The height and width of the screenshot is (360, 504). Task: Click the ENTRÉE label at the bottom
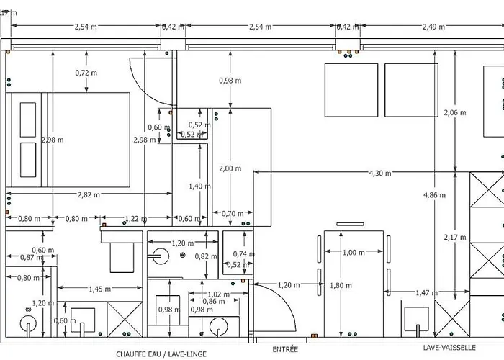click(x=285, y=349)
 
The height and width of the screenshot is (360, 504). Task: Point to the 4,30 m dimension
click(x=381, y=173)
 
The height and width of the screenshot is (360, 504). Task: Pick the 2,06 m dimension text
click(x=454, y=112)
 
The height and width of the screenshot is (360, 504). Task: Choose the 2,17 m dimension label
click(x=455, y=238)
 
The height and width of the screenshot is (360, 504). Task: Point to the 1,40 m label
click(x=195, y=186)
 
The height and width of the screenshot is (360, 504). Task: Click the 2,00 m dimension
click(x=230, y=168)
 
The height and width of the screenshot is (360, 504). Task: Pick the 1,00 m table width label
click(x=353, y=252)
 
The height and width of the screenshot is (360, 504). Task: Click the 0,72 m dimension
click(x=86, y=73)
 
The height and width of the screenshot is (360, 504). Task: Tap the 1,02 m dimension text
click(x=215, y=294)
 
